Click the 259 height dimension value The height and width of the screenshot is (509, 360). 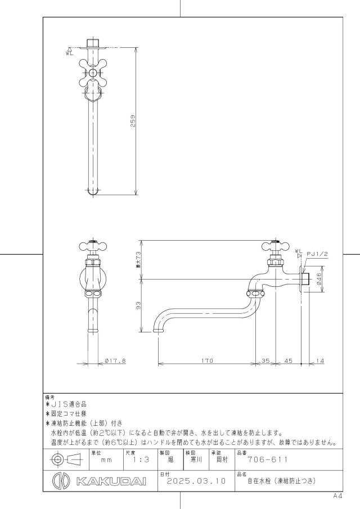tap(133, 121)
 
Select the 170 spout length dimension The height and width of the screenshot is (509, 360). tap(207, 361)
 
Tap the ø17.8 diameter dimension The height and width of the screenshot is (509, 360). tap(115, 361)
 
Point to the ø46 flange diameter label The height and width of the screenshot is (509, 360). tap(318, 279)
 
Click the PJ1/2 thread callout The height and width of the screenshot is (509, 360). tap(317, 254)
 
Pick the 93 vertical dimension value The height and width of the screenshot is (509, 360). tap(138, 305)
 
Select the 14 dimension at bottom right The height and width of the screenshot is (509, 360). tap(319, 361)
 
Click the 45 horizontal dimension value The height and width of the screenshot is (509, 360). tap(288, 361)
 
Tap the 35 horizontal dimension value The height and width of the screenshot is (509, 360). tap(265, 361)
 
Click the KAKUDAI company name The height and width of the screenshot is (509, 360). tap(111, 481)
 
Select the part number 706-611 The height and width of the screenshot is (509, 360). tap(268, 460)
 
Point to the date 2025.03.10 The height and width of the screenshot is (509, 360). tap(196, 481)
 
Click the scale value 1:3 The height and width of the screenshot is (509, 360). tap(141, 460)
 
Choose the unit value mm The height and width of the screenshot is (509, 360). tap(106, 460)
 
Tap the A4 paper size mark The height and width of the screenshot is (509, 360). tap(337, 496)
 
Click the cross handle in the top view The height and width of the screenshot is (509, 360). tap(93, 73)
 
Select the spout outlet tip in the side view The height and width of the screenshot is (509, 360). tap(158, 331)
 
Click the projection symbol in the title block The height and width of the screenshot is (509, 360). tap(67, 460)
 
